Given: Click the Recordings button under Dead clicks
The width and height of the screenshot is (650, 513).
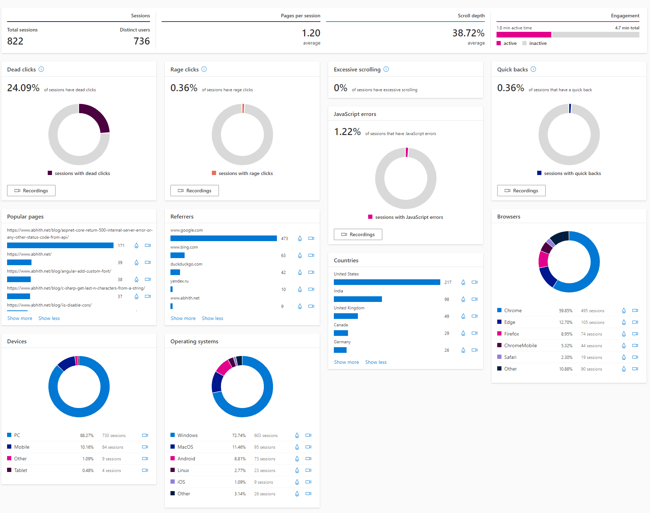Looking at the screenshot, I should pos(31,191).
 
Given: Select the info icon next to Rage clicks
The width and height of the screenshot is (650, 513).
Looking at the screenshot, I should pos(204,69).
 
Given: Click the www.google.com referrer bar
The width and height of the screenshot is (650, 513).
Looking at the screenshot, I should pos(224,238).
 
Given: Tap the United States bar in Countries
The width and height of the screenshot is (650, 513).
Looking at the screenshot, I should pos(387,282).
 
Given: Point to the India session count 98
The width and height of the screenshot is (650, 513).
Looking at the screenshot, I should pos(447,299).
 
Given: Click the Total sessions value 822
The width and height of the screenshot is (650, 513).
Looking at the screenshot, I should pos(15,41).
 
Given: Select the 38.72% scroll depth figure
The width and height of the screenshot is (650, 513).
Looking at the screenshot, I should pos(468,33).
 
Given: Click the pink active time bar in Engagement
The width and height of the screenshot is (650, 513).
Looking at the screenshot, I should pos(524,35).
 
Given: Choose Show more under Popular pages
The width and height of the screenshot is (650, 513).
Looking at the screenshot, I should pos(20,319).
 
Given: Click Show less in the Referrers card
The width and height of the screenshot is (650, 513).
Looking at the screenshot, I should pos(213,319).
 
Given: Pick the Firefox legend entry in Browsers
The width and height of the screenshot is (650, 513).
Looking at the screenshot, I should pos(511,334).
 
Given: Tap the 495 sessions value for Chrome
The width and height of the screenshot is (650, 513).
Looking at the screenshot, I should pos(592,311).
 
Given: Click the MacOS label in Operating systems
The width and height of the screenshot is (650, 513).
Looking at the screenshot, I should pos(185,447).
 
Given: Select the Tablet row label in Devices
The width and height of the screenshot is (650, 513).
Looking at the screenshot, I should pos(21,470).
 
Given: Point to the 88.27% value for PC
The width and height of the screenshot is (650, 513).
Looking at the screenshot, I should pos(87,436).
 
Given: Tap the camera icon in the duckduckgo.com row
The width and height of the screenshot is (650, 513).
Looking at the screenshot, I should pos(311,272).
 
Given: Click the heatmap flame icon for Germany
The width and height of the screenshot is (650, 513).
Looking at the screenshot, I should pos(463,350).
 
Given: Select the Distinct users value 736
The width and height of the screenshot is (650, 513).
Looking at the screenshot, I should pos(142,41).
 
